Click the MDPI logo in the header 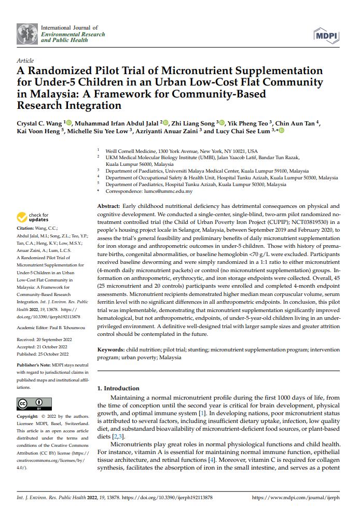click(x=326, y=36)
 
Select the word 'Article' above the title click(x=25, y=61)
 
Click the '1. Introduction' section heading click(x=119, y=388)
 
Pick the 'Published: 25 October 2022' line click(x=43, y=354)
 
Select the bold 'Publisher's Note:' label click(x=34, y=365)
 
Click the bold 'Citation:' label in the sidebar click(x=26, y=228)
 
